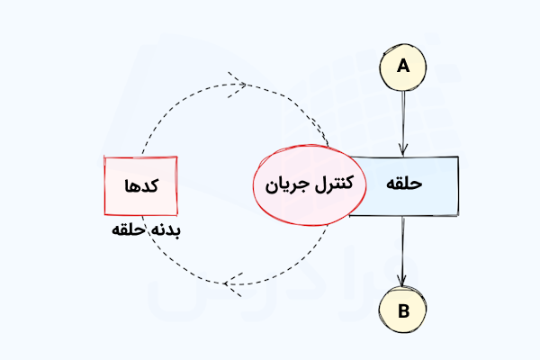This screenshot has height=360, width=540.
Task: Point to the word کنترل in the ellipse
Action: click(334, 184)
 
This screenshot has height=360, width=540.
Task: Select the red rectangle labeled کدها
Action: click(141, 186)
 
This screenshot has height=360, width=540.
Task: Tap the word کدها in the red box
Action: click(141, 185)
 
